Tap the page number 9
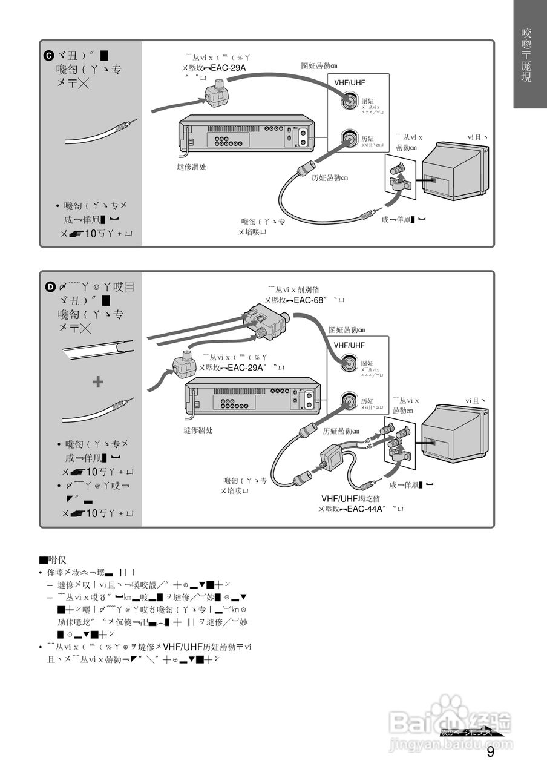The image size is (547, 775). click(x=490, y=753)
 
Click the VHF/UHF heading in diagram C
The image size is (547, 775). click(x=350, y=83)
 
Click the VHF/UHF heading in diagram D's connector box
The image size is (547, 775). click(x=350, y=345)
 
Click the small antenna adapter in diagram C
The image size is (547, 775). click(x=216, y=94)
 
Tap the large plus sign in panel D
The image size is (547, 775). click(x=97, y=381)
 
